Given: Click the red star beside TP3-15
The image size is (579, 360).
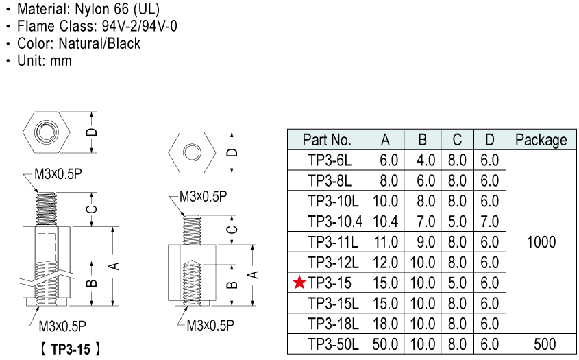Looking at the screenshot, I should coord(299,283).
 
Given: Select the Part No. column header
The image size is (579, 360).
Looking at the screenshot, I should coord(327,140).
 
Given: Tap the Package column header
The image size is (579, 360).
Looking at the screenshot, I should coord(541,140).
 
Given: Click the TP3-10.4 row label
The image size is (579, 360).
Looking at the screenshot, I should coord(334,221).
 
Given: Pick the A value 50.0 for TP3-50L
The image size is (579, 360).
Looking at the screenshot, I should coord(385,344).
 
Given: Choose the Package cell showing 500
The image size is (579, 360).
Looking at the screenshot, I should coord(541,344).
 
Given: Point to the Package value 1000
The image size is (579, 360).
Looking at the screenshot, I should coord(541,242).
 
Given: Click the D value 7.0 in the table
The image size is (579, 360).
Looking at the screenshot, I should coord(489,221).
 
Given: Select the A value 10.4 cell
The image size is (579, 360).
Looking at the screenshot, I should coord(385,221).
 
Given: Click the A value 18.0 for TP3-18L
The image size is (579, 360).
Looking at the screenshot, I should coord(385,324).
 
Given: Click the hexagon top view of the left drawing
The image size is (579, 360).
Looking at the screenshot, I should coord(47,132).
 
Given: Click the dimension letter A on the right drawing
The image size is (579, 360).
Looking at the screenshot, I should coord(254,274).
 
